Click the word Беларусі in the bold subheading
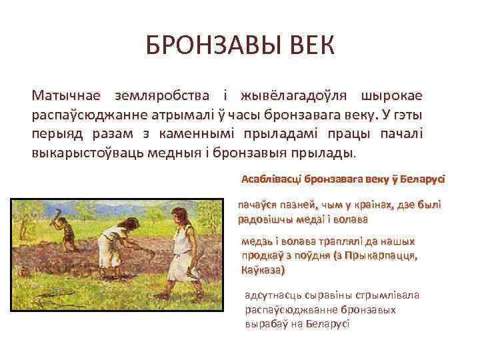pos(423,179)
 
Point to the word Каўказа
pos(261,270)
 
